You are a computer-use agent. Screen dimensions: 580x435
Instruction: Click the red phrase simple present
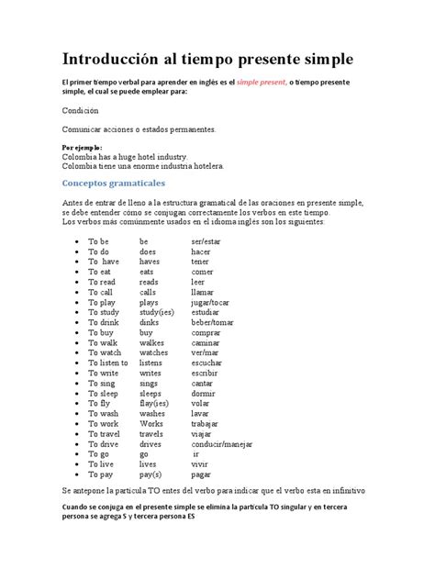(x=261, y=83)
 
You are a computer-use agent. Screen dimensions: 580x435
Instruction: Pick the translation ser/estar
(x=207, y=241)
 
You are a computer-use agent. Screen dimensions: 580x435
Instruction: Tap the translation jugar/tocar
(x=210, y=302)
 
